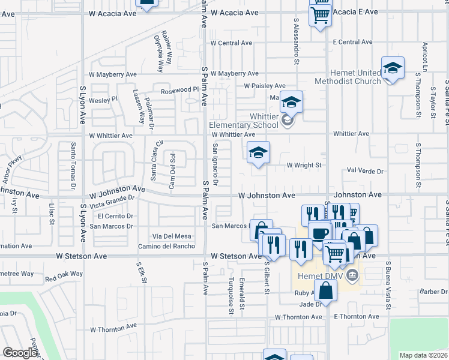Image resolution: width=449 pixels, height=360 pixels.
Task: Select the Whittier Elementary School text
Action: (x=244, y=121)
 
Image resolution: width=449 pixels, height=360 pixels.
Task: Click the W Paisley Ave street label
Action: (x=265, y=86)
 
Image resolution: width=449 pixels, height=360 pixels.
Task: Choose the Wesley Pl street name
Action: (x=103, y=100)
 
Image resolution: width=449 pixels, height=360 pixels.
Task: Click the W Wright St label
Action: (x=304, y=165)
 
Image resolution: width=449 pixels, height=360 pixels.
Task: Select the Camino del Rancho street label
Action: (x=166, y=246)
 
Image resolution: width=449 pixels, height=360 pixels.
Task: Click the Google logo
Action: (x=20, y=353)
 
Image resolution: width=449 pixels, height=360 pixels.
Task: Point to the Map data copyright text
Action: (x=423, y=355)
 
